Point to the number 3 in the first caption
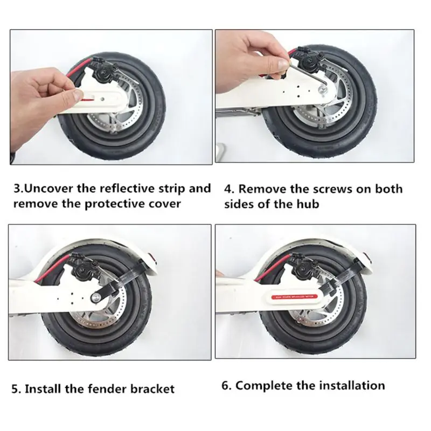17,189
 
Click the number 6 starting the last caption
225,385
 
